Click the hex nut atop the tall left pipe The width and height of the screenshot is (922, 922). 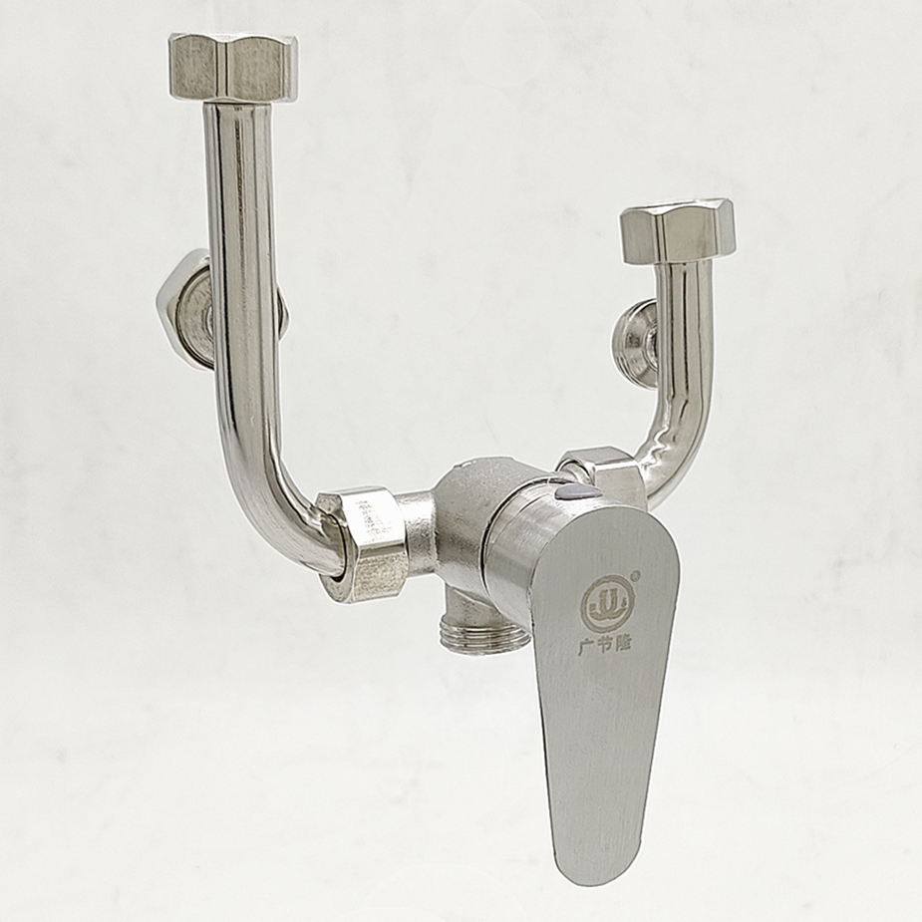233,67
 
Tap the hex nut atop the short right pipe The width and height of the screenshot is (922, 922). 678,231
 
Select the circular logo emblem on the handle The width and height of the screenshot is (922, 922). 608,603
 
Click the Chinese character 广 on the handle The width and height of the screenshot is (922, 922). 586,647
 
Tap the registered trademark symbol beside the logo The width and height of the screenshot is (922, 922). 635,575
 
